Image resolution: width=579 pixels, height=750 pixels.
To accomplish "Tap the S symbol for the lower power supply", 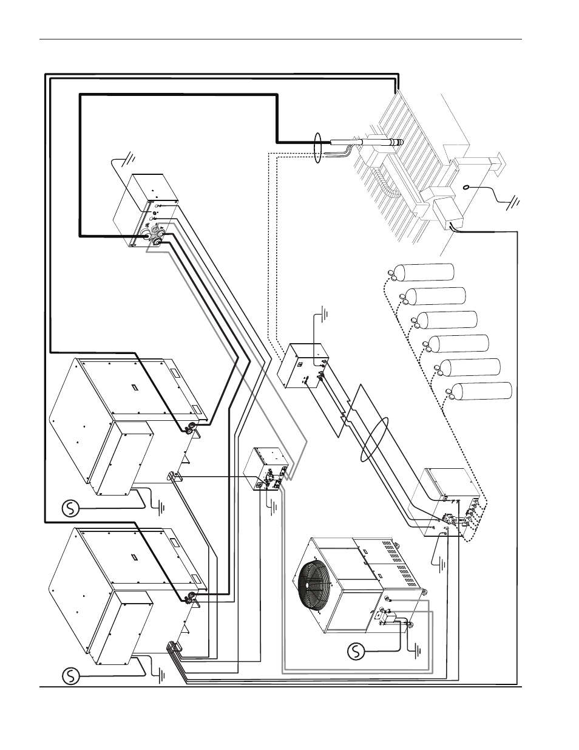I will [71, 675].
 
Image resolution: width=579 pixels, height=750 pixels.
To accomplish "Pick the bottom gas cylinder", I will [484, 392].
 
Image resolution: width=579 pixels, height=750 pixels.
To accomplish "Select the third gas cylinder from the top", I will [449, 319].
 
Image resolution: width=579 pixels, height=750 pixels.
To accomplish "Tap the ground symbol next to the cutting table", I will [512, 203].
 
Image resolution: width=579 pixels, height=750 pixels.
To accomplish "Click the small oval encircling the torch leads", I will [317, 148].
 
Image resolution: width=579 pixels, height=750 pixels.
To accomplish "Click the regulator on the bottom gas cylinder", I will [450, 392].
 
